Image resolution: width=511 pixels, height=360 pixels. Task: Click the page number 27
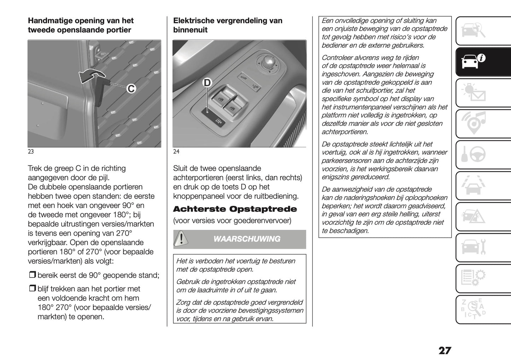445,350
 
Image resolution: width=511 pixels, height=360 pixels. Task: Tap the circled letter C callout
131,88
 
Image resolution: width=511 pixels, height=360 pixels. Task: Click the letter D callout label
207,83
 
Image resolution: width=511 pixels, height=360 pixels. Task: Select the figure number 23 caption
31,152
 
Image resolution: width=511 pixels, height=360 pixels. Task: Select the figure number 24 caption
176,152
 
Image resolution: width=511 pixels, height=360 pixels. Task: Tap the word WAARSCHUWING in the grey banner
246,239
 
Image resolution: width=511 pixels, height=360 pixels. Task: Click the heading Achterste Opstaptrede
235,209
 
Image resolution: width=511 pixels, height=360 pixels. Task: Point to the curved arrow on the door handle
92,75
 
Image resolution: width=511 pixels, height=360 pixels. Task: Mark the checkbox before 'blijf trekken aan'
32,289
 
